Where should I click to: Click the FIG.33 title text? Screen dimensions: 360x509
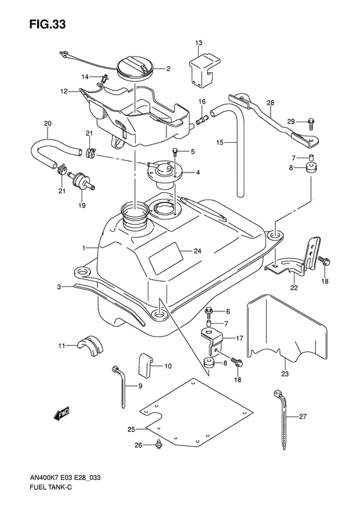pos(48,24)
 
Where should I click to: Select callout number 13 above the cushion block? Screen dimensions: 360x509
pos(199,43)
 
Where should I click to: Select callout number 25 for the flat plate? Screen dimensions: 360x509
pos(131,429)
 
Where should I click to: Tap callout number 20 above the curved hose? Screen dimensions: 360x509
pos(48,124)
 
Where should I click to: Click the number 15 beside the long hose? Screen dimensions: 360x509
pos(220,142)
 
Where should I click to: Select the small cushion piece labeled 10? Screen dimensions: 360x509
pos(145,366)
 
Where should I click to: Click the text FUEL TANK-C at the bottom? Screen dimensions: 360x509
pos(48,496)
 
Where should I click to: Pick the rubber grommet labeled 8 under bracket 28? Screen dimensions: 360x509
pos(310,169)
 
